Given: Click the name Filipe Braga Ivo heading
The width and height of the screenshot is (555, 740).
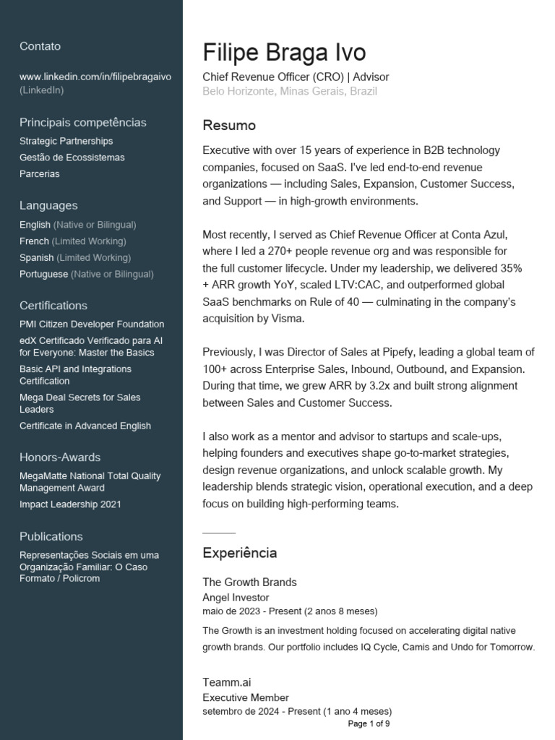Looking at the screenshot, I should point(284,53).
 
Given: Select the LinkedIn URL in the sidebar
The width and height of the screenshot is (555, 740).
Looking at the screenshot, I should point(95,77).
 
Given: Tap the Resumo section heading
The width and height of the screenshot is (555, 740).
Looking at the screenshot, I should point(229,126).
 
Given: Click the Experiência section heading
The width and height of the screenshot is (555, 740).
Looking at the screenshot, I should point(239,553).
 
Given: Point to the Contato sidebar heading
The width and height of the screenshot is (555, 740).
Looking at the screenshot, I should point(40,46).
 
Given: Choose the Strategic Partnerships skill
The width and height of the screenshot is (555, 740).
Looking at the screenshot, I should point(66,141).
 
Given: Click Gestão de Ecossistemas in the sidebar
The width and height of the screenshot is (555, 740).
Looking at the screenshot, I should point(72,158).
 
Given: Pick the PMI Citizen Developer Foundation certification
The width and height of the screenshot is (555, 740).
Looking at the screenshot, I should point(92,324).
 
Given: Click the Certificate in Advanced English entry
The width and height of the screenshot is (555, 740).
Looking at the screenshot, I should point(85,426).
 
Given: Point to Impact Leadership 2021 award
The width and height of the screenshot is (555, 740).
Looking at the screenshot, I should point(70,504).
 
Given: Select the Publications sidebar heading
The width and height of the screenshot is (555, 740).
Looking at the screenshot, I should point(51,536).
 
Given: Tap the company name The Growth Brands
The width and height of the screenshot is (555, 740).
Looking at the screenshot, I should point(249,582).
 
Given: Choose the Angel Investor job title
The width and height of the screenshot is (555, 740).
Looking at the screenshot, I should point(236,598).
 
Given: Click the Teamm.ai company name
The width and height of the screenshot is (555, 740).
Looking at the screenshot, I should point(227,682).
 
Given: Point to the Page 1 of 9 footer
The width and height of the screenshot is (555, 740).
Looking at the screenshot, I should point(369,723).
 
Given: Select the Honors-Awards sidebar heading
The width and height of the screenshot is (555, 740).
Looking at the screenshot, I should point(60,457).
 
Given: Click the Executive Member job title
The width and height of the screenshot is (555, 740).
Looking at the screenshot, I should point(246,697).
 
